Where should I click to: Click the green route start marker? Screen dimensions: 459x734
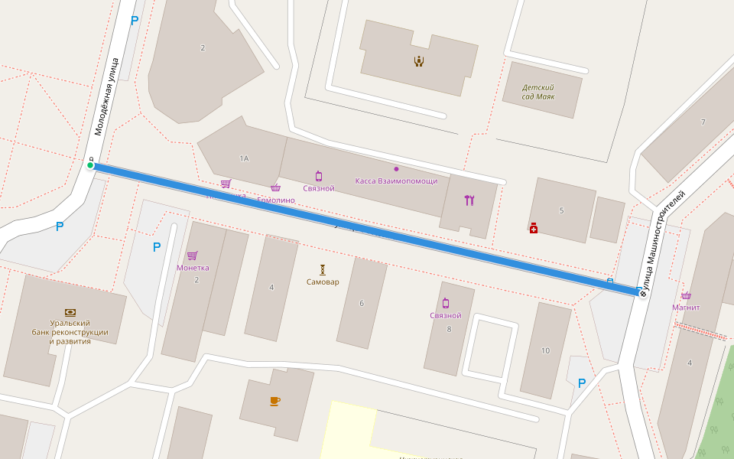coord(90,164)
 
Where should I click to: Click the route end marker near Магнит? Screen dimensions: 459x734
coord(642,293)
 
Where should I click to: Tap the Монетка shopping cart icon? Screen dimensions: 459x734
coord(192,256)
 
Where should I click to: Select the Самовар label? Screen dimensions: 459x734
coord(323,282)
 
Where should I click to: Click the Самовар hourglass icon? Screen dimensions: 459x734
coord(323,269)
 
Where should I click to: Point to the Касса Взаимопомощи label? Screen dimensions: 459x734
coord(396,181)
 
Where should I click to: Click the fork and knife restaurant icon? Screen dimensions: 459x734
coord(469,200)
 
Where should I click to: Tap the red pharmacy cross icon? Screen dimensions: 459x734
coord(534,228)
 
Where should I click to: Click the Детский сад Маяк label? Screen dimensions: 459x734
coord(538,92)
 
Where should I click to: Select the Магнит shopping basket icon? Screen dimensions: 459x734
coord(686,296)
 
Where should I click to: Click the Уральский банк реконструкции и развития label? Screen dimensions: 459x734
coord(70,332)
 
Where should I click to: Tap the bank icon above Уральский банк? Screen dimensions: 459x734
coord(70,312)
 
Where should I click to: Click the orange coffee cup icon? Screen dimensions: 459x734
coord(275,401)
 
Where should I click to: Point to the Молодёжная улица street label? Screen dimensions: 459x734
coord(108,96)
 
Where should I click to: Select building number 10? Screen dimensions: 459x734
coord(545,350)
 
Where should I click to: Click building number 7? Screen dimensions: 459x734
coord(703,122)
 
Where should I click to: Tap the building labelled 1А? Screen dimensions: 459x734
coord(244,159)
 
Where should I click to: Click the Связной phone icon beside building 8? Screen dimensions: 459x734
coord(445,304)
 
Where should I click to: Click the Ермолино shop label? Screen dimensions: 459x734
coord(276,200)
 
